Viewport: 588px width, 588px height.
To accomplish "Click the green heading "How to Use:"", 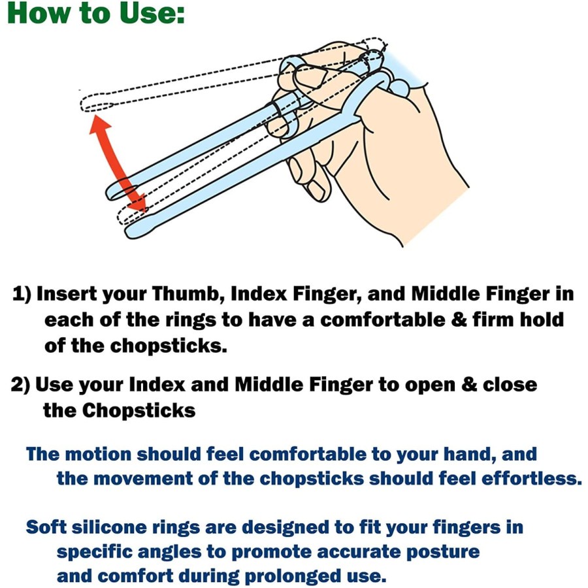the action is [96, 14].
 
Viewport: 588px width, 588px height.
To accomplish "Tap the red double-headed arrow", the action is [118, 163].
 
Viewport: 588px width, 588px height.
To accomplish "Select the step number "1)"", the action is [22, 294].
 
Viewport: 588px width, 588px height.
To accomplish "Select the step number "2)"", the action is [22, 385].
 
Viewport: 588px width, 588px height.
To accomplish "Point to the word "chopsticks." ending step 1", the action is [168, 346].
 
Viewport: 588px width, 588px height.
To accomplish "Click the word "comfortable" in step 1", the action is [382, 319].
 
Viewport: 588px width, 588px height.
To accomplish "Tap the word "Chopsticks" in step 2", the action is [139, 411].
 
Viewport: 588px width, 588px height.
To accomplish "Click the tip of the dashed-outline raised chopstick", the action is [83, 105].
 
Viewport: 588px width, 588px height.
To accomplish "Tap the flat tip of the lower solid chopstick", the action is [129, 232].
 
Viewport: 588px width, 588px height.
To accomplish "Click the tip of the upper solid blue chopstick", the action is [110, 193].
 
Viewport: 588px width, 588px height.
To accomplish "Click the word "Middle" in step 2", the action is [269, 385].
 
